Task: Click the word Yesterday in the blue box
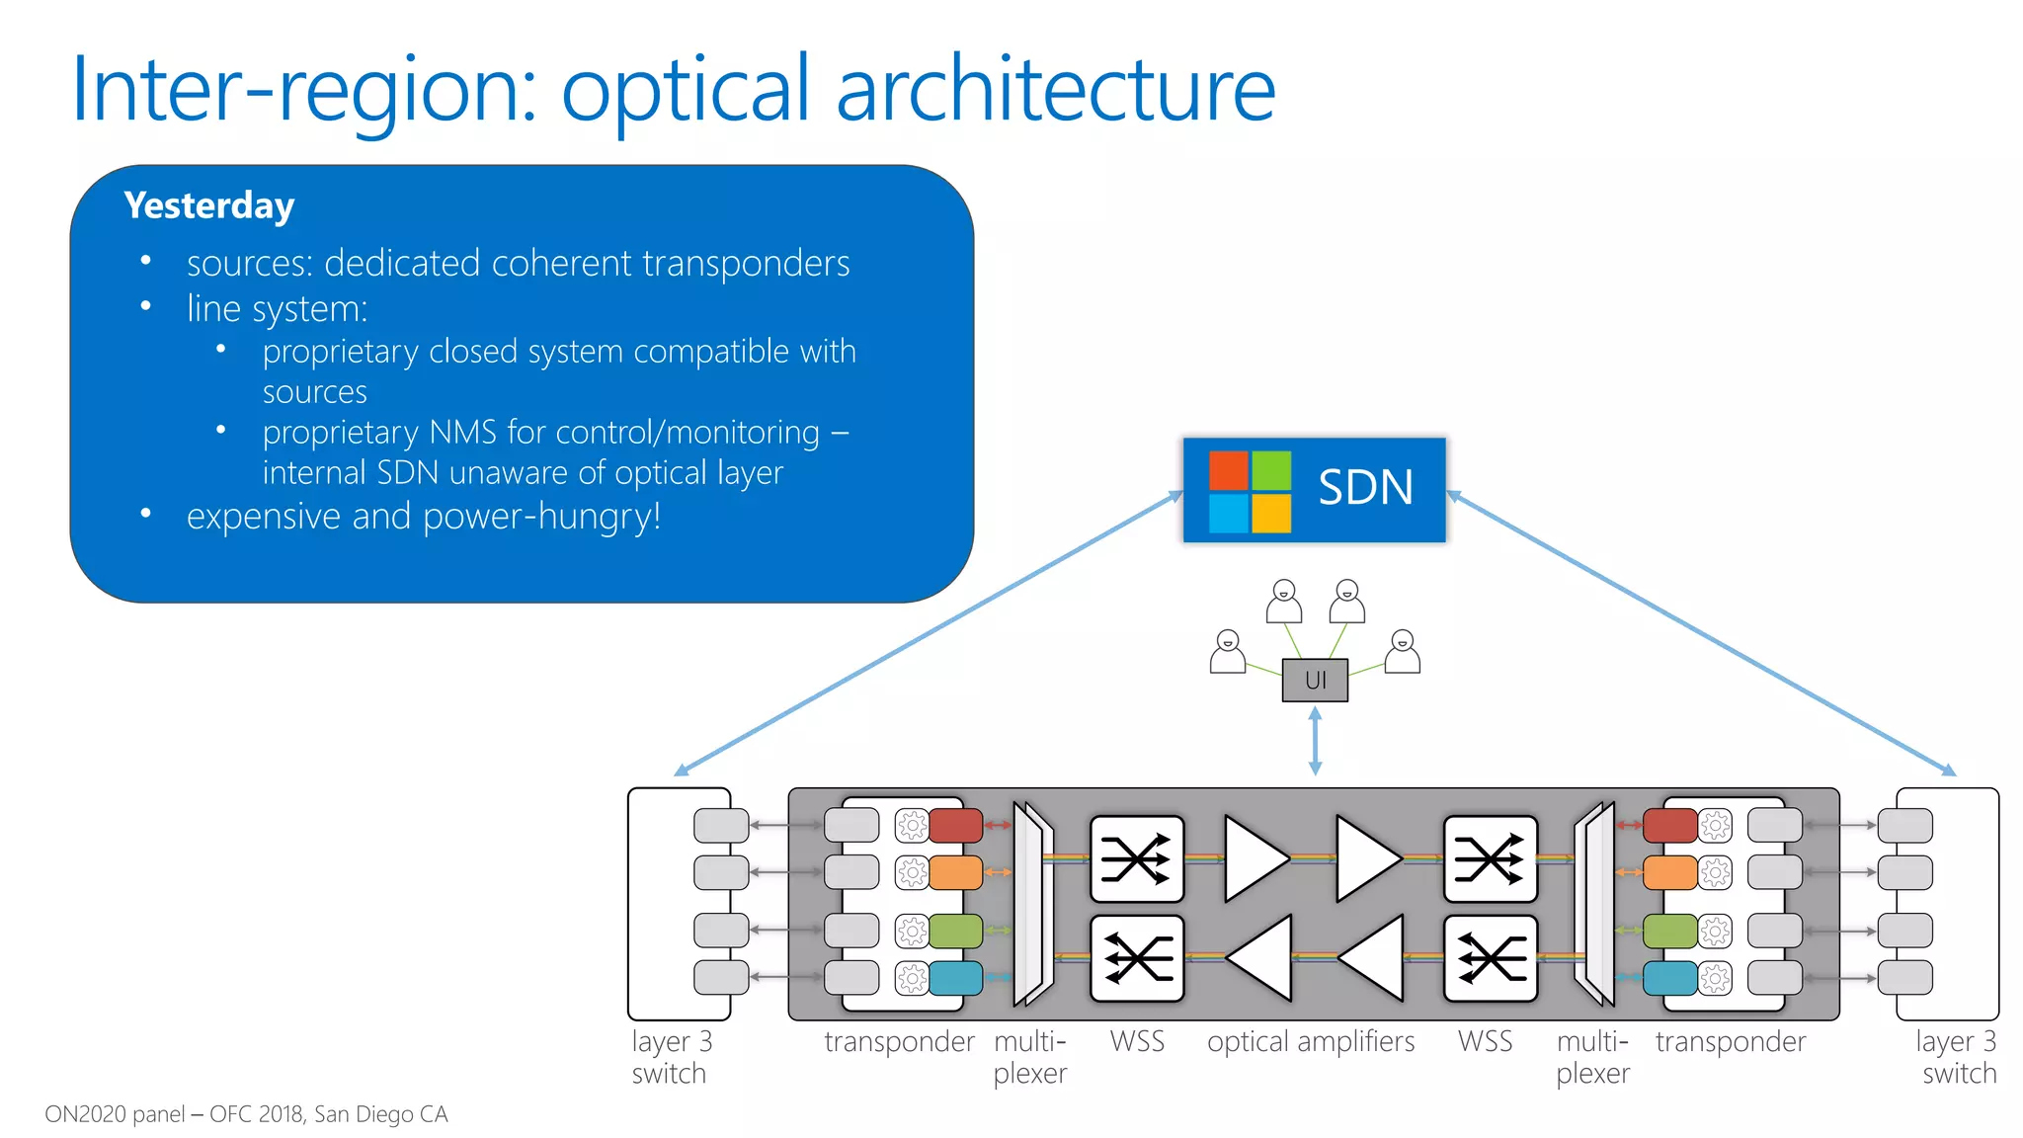[209, 205]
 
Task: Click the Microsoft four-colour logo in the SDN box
[1250, 491]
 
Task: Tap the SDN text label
[1365, 488]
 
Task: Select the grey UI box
[1315, 680]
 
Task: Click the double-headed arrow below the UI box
[1315, 741]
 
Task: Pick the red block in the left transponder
[955, 825]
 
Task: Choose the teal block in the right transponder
[1669, 978]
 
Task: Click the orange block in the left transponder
[955, 872]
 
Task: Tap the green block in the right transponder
[1669, 931]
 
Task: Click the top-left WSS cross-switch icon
[1136, 858]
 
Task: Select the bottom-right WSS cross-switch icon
[1491, 958]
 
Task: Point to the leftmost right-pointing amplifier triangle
[1253, 858]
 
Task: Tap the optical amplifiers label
[1310, 1041]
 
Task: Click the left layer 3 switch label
[671, 1057]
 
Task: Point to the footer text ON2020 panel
[115, 1114]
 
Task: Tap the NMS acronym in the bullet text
[463, 433]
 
